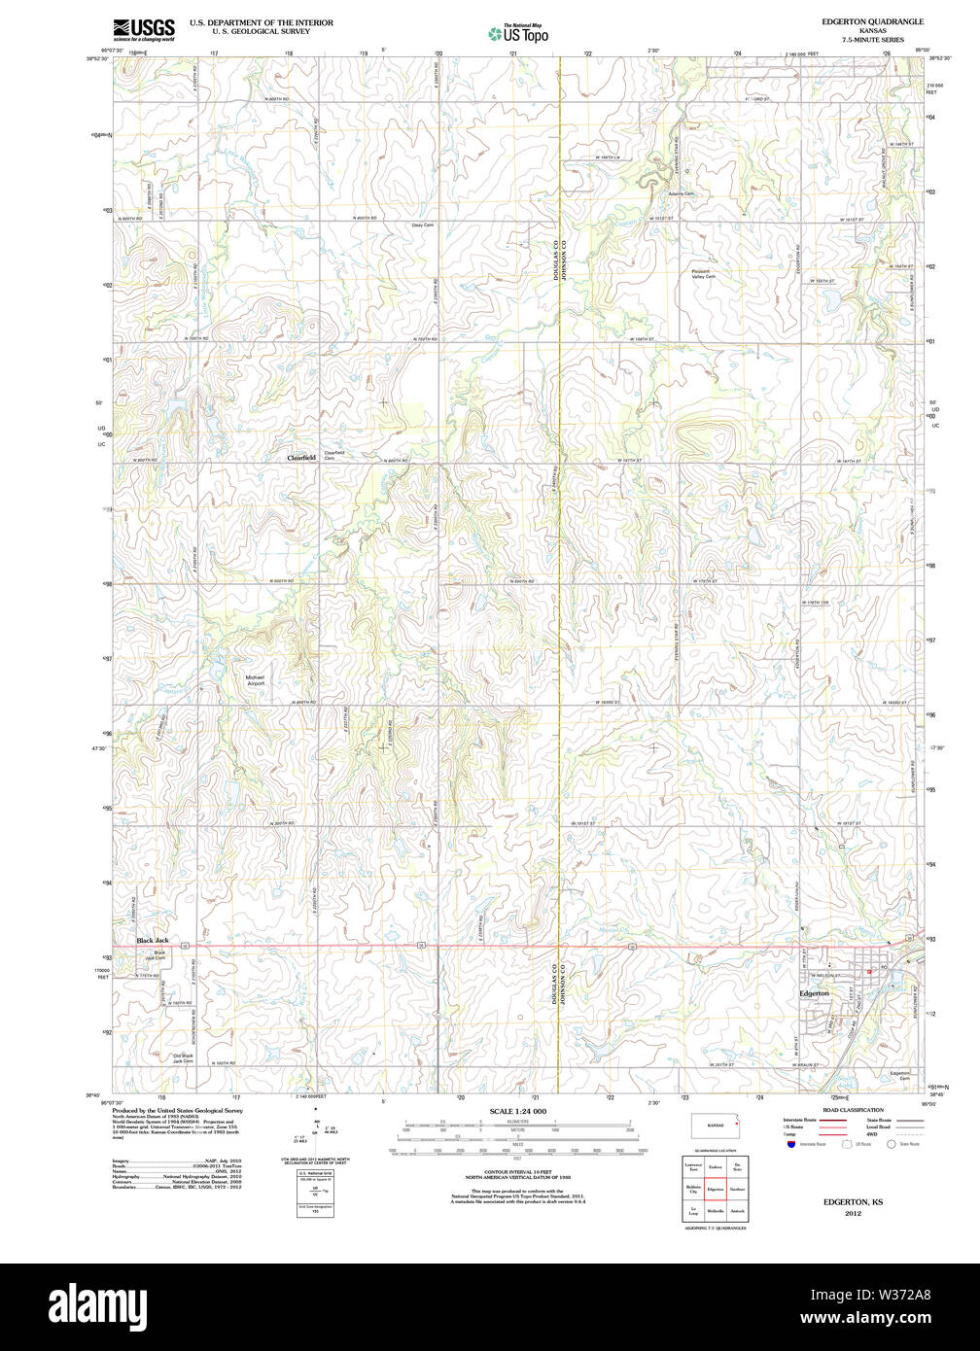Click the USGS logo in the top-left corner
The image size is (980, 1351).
coord(144,29)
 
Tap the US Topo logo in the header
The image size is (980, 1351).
coord(518,34)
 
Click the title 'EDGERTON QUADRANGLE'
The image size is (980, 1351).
coord(872,21)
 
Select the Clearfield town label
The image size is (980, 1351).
coord(301,458)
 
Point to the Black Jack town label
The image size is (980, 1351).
coord(153,940)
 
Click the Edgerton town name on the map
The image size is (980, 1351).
coord(814,993)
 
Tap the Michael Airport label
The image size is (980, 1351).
coord(255,680)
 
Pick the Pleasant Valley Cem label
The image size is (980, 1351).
coord(702,274)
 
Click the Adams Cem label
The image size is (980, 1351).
coord(682,193)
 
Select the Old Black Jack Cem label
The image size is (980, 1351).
coord(183,1058)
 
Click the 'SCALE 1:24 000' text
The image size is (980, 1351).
coord(517,1111)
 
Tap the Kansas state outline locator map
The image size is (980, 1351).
coord(715,1126)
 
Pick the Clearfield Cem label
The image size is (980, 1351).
coord(334,455)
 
